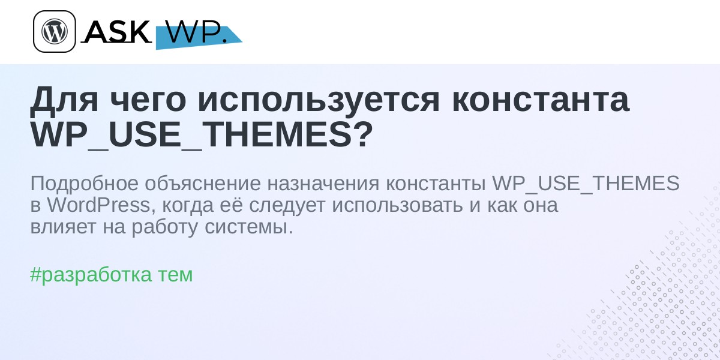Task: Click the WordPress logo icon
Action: pyautogui.click(x=55, y=31)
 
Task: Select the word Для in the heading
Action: pyautogui.click(x=64, y=100)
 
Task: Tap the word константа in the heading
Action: pyautogui.click(x=541, y=100)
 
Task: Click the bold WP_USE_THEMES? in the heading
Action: pyautogui.click(x=202, y=135)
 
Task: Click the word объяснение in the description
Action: pyautogui.click(x=203, y=183)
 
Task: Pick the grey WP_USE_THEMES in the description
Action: pyautogui.click(x=586, y=184)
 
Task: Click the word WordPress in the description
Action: pyautogui.click(x=98, y=205)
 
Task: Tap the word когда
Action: pyautogui.click(x=188, y=206)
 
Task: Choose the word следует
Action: pyautogui.click(x=287, y=206)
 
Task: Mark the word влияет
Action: pyautogui.click(x=63, y=227)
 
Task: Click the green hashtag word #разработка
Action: pyautogui.click(x=91, y=275)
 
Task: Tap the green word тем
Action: pyautogui.click(x=175, y=276)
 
